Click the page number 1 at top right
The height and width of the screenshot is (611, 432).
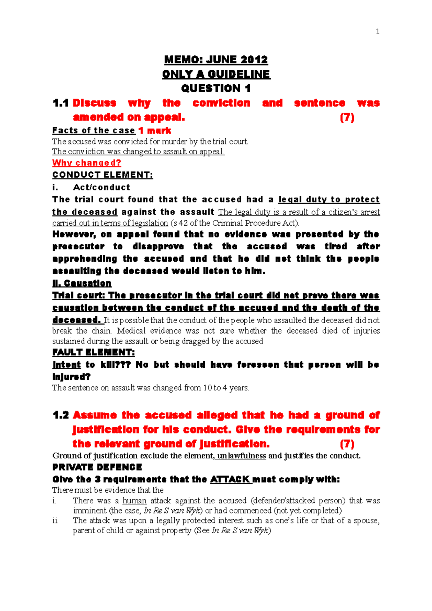click(x=377, y=31)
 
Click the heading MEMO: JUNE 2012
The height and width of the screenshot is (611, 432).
click(x=216, y=59)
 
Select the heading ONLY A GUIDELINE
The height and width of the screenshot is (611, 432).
click(x=216, y=74)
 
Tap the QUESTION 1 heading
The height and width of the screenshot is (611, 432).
click(x=216, y=88)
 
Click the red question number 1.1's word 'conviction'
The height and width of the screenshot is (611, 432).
click(x=221, y=103)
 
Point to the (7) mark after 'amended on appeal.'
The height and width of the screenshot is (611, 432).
click(x=347, y=117)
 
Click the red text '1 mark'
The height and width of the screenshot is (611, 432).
click(x=155, y=130)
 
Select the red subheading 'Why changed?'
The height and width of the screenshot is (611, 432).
click(x=87, y=163)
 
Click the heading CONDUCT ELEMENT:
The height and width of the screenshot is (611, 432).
click(x=103, y=175)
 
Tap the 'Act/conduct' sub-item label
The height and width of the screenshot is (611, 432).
click(x=102, y=187)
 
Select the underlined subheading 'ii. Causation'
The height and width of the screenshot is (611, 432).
click(x=82, y=283)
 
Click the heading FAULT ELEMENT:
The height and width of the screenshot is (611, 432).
click(x=94, y=352)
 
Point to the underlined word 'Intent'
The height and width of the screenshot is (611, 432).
click(x=67, y=365)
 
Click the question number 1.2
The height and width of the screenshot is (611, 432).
click(x=60, y=415)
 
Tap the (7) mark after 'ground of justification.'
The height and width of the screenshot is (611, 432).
click(x=347, y=444)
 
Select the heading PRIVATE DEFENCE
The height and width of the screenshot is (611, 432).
click(x=97, y=467)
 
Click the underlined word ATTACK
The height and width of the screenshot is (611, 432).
click(x=230, y=479)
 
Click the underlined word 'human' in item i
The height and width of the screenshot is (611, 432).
click(x=134, y=501)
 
